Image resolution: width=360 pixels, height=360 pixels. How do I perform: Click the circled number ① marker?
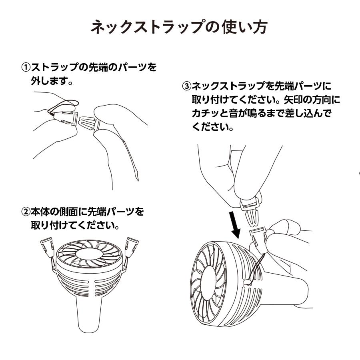[26, 67]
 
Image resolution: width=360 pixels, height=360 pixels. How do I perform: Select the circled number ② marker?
[26, 211]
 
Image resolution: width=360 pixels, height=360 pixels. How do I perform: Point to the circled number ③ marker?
[187, 86]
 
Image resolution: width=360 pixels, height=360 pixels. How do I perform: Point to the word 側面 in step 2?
[74, 211]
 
